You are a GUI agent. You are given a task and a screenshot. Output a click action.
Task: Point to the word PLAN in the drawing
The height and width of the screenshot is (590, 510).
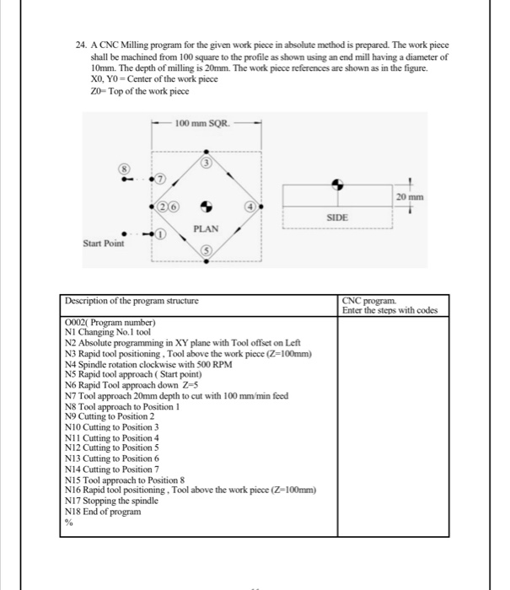coord(206,228)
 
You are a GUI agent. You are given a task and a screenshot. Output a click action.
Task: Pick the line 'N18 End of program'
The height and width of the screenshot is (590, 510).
coord(102,511)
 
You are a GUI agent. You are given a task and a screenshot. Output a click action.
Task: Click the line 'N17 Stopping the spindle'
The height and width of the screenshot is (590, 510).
coord(112,501)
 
